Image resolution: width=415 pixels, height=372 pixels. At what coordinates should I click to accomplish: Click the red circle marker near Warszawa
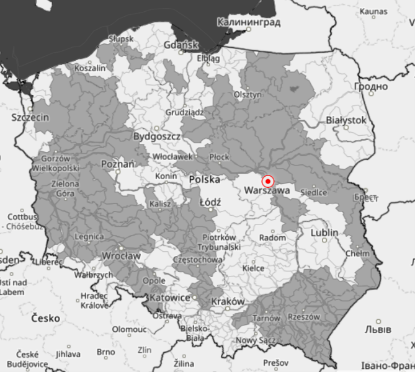268,182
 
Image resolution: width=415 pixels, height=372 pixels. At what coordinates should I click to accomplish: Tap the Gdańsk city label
181,45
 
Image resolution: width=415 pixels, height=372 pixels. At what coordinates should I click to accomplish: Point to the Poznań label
117,165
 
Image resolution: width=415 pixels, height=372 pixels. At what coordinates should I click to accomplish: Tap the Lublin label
324,232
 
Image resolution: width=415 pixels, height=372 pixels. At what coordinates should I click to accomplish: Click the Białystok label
346,120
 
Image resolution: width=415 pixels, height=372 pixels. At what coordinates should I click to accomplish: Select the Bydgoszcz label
157,136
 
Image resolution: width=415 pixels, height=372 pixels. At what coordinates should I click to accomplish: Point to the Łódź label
210,202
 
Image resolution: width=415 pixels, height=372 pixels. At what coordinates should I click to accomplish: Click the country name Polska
205,179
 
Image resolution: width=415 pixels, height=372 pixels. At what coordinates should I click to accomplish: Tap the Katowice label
170,298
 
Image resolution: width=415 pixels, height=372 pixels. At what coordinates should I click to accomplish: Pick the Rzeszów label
305,317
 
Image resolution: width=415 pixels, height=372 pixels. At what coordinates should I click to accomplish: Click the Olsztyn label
248,95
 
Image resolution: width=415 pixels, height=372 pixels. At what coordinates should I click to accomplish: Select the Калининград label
245,23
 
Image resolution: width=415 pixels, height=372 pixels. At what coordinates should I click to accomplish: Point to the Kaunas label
372,11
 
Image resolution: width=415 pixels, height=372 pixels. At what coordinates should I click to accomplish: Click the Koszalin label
90,68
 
